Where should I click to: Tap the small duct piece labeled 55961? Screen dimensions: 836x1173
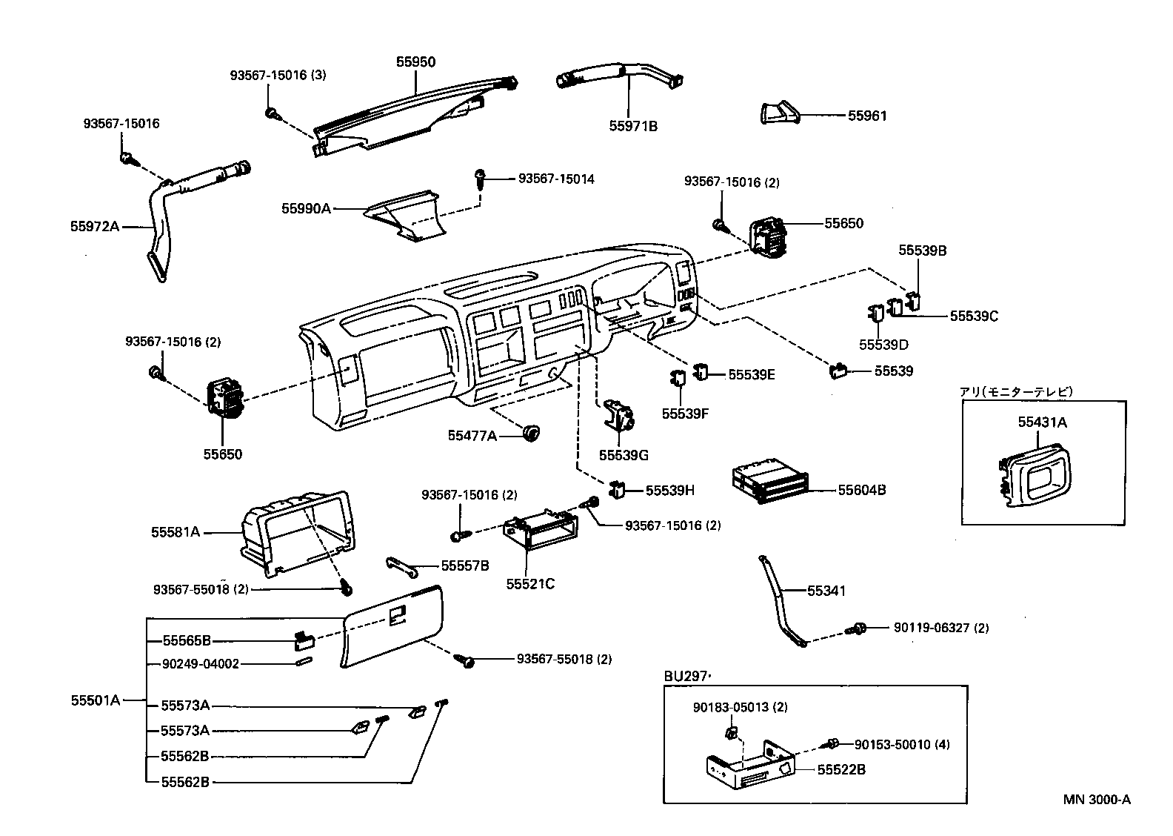[779, 113]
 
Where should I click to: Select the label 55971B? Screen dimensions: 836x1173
[633, 126]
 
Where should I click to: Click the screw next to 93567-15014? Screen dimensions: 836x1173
[480, 179]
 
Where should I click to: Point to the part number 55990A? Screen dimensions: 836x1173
[306, 208]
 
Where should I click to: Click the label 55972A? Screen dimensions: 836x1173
[95, 226]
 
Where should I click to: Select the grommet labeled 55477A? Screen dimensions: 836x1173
[530, 434]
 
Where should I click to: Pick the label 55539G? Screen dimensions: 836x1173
[624, 455]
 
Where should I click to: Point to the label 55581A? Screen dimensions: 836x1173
[176, 531]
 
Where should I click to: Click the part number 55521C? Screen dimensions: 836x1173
[530, 584]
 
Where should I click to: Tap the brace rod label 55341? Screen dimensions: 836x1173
[826, 591]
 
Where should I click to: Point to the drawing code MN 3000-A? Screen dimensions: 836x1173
[1097, 799]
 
